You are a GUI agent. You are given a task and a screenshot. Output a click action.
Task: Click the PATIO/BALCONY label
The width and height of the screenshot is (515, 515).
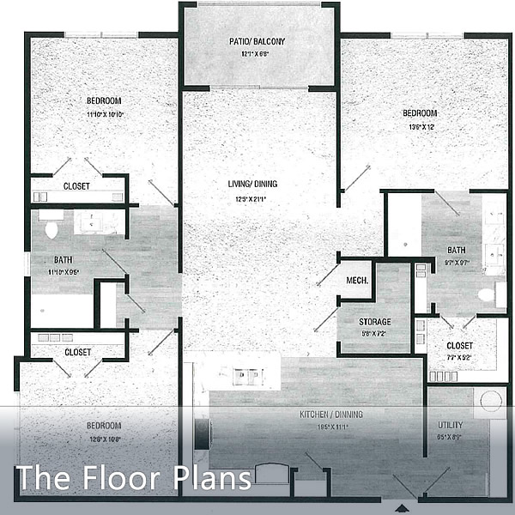[x=257, y=41]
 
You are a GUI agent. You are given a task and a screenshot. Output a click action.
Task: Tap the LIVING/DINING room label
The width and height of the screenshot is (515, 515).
[x=251, y=184]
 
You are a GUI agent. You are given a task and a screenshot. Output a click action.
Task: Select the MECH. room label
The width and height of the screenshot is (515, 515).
[x=357, y=281]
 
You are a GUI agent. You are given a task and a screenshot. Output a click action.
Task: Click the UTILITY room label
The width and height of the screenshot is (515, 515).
[x=450, y=424]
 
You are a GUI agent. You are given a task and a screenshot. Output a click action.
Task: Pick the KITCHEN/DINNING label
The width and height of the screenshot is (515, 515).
[x=330, y=415]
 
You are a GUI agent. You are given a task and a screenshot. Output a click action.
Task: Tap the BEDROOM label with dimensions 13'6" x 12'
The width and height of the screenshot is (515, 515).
[x=421, y=113]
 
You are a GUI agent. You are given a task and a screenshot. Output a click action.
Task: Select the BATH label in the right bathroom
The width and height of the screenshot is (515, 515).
[x=456, y=251]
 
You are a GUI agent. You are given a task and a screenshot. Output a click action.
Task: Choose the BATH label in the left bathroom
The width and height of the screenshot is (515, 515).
[x=63, y=259]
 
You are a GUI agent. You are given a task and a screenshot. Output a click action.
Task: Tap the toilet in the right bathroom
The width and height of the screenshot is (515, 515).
[x=488, y=294]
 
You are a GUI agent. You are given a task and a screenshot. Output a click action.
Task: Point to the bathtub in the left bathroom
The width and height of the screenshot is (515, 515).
[x=62, y=311]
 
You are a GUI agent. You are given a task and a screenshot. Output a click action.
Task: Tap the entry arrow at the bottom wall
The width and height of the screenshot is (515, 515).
[x=404, y=501]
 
